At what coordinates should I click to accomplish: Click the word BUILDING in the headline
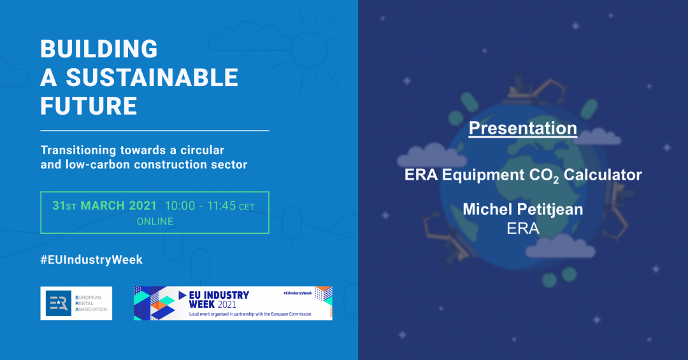point(99,48)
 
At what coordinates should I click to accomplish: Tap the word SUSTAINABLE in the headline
point(152,77)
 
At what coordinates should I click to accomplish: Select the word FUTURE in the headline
point(89,106)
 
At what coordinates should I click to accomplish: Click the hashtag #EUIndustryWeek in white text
point(92,259)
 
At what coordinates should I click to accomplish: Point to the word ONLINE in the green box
point(155,221)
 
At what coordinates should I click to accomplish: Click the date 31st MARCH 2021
point(104,205)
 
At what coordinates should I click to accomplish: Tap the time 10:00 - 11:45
point(201,205)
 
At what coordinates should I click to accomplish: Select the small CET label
point(247,207)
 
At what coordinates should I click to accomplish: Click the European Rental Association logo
point(76,303)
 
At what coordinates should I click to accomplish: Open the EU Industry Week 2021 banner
point(233,303)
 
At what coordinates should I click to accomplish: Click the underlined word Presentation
point(522,128)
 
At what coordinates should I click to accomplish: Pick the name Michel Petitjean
point(522,210)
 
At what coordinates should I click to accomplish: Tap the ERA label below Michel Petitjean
point(522,228)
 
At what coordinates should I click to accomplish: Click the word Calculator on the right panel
point(603,175)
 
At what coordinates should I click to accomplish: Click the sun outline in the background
point(309,50)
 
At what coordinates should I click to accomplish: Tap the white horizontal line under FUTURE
point(155,131)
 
